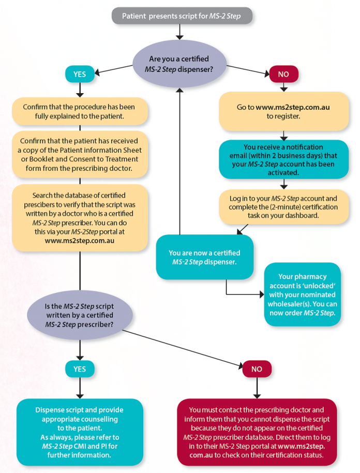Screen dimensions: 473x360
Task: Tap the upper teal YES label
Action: pos(79,74)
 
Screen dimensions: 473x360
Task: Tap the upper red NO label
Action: pos(283,74)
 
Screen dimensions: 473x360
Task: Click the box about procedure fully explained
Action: pos(80,111)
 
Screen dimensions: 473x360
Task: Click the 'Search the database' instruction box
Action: pos(80,218)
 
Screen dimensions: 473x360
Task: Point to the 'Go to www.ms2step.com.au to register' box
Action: pos(283,111)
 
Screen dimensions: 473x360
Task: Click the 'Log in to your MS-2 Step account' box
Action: pos(283,206)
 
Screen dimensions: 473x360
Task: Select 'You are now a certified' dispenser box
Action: pos(204,257)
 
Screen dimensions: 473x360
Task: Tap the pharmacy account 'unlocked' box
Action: pos(303,294)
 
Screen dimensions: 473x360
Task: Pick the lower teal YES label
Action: pos(79,368)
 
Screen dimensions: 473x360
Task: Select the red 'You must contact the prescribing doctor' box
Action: pos(257,432)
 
